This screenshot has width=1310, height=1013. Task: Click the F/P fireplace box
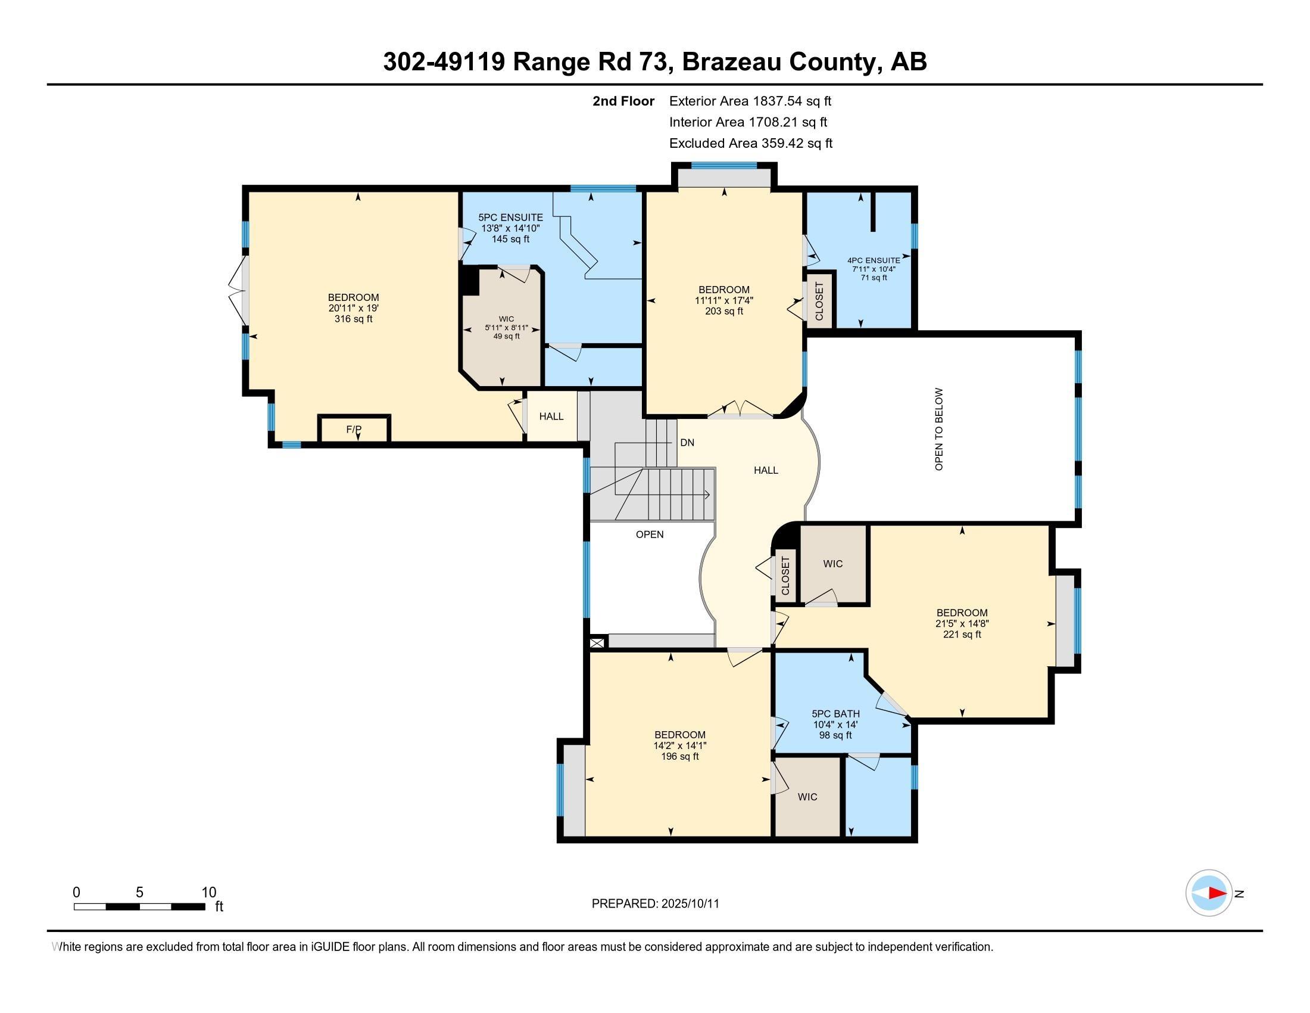point(354,429)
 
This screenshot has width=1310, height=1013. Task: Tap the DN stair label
point(687,442)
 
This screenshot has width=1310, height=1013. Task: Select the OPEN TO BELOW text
point(938,428)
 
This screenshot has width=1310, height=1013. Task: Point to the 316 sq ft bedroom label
point(353,308)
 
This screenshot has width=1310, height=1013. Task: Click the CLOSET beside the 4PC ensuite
point(819,301)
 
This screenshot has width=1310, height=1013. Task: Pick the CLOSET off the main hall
point(785,576)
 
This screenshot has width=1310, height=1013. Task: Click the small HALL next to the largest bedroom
point(551,416)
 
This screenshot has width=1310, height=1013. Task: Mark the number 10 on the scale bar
point(209,892)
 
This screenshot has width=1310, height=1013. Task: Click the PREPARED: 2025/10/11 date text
point(655,903)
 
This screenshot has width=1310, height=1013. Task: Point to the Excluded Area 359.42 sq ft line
point(750,143)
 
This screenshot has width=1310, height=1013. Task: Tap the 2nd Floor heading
point(623,101)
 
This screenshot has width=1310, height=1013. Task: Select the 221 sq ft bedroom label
point(962,623)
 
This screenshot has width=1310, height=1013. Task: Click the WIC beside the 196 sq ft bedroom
point(807,796)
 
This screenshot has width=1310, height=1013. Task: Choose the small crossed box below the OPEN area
point(597,643)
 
